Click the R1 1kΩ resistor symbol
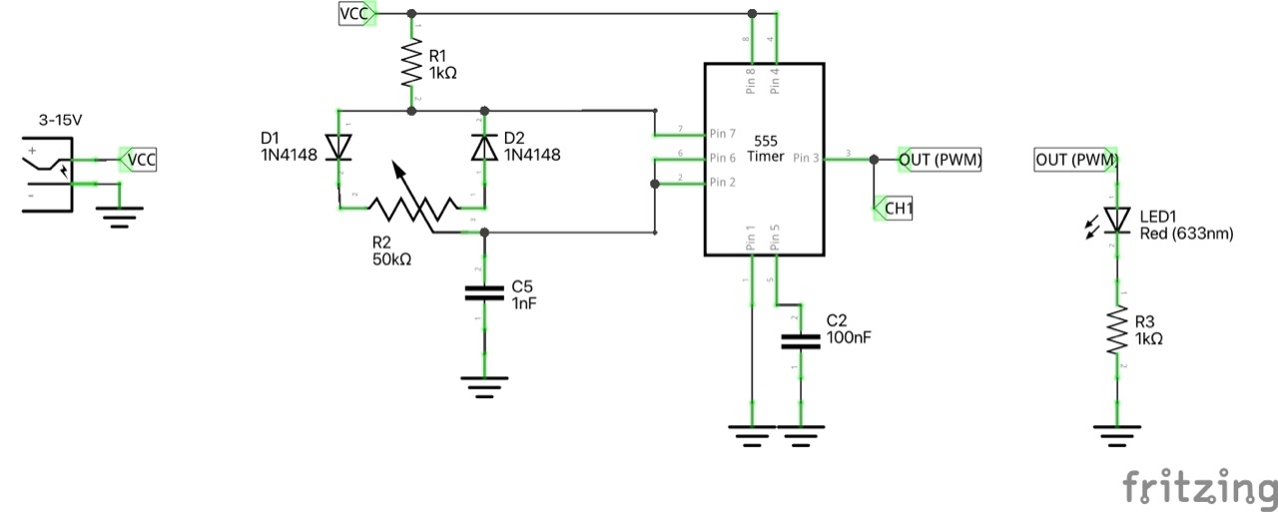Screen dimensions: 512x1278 tap(411, 65)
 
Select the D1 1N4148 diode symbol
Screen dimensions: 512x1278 tap(339, 147)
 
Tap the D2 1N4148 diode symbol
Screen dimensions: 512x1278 tap(485, 147)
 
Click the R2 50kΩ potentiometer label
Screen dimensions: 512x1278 tap(390, 250)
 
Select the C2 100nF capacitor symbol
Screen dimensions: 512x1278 tap(800, 341)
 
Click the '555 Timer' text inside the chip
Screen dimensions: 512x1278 tap(765, 148)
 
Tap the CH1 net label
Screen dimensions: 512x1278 tap(895, 209)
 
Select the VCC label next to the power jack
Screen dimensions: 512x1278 tap(139, 159)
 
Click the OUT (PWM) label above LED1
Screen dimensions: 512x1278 tap(1075, 159)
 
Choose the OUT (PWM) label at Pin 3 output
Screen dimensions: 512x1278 tap(940, 159)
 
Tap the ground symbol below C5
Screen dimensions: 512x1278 tap(485, 385)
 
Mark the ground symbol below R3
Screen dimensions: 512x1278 tap(1116, 432)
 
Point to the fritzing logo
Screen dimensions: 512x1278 tap(1198, 487)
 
